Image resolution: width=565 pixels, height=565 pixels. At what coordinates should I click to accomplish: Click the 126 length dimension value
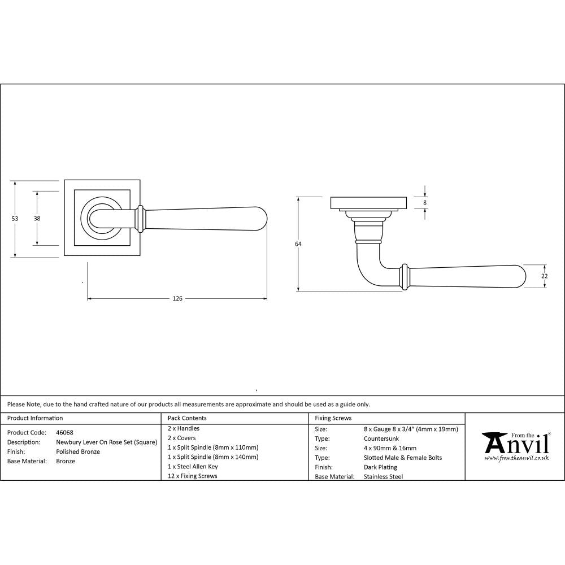pyautogui.click(x=177, y=298)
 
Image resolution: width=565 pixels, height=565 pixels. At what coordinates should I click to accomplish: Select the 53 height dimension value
pyautogui.click(x=15, y=219)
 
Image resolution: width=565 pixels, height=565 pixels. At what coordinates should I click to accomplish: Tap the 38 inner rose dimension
pyautogui.click(x=37, y=219)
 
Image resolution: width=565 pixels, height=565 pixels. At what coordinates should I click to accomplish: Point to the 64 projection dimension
pyautogui.click(x=298, y=244)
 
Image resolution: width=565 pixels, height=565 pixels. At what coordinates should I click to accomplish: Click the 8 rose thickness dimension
pyautogui.click(x=424, y=202)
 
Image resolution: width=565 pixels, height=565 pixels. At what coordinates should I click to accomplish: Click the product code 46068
pyautogui.click(x=64, y=432)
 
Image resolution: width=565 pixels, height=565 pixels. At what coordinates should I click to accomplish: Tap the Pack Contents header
pyautogui.click(x=187, y=418)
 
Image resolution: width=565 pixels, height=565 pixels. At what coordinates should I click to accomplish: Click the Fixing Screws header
pyautogui.click(x=333, y=418)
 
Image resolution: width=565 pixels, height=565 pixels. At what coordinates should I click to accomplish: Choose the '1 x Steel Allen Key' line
pyautogui.click(x=193, y=467)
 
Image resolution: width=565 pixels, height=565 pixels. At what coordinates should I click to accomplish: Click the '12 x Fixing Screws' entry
pyautogui.click(x=192, y=476)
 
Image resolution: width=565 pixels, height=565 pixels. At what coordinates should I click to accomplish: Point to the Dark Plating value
pyautogui.click(x=381, y=467)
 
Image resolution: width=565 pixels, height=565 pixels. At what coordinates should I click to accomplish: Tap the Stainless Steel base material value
pyautogui.click(x=384, y=477)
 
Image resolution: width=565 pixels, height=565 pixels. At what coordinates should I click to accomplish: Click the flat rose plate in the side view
pyautogui.click(x=368, y=203)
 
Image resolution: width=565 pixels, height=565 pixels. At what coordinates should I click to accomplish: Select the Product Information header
pyautogui.click(x=35, y=418)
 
